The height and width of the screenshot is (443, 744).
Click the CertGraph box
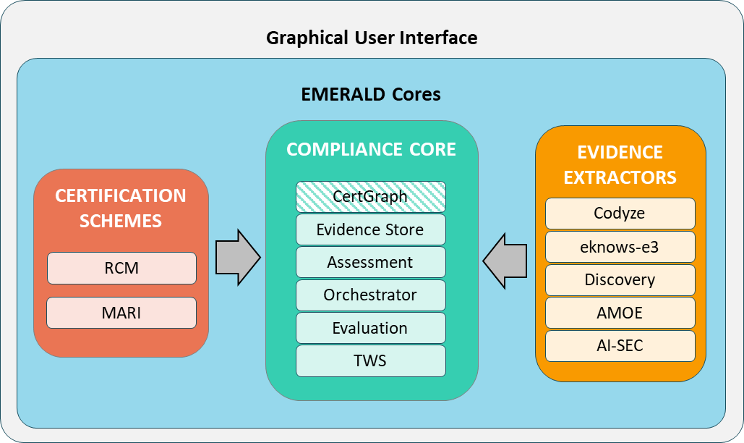click(370, 196)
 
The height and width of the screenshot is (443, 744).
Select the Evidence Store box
click(370, 229)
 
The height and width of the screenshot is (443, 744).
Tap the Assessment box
click(370, 262)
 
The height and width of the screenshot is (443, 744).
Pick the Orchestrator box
click(370, 295)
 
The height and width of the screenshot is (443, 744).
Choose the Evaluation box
click(370, 328)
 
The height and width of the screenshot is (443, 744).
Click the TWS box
click(370, 360)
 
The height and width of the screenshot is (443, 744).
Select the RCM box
click(121, 268)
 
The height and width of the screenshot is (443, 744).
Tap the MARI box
click(121, 313)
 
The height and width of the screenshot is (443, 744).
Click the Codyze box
click(620, 214)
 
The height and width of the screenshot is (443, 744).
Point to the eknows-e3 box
click(620, 247)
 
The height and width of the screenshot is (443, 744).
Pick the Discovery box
click(620, 279)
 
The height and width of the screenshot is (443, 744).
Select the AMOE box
click(620, 313)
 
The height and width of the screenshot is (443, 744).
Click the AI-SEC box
click(620, 346)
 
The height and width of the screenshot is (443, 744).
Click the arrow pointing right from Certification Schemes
click(238, 257)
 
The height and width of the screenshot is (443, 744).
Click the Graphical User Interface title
click(372, 38)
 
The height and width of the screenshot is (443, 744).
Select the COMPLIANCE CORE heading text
click(371, 149)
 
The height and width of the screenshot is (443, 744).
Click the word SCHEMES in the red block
click(121, 221)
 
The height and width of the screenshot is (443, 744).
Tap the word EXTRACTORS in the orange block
click(620, 177)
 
